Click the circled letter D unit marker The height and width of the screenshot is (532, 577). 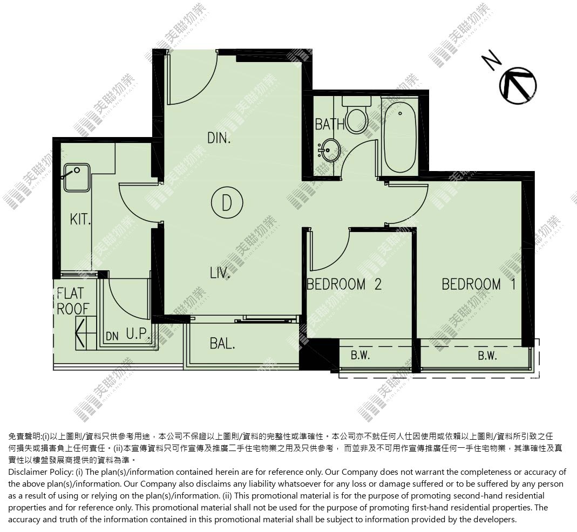[227, 203]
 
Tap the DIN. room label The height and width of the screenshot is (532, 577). [219, 138]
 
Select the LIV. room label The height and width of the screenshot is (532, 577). [220, 273]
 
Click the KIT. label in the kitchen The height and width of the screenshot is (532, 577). [80, 219]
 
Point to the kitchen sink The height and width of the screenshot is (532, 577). [77, 178]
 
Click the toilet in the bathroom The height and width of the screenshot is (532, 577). [356, 115]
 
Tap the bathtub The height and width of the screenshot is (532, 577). [399, 137]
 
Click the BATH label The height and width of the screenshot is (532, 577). [330, 124]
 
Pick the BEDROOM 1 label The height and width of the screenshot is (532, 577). [479, 284]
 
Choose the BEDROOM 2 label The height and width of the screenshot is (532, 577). [344, 284]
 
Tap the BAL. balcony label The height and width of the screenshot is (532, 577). [222, 344]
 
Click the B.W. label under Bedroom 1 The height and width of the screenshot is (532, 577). [487, 356]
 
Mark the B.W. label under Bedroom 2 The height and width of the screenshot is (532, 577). [360, 356]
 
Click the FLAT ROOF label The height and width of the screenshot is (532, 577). [73, 301]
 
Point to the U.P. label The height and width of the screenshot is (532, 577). [138, 333]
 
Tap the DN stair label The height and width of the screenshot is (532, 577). [112, 336]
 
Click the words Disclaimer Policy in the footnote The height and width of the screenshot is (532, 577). [40, 472]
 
